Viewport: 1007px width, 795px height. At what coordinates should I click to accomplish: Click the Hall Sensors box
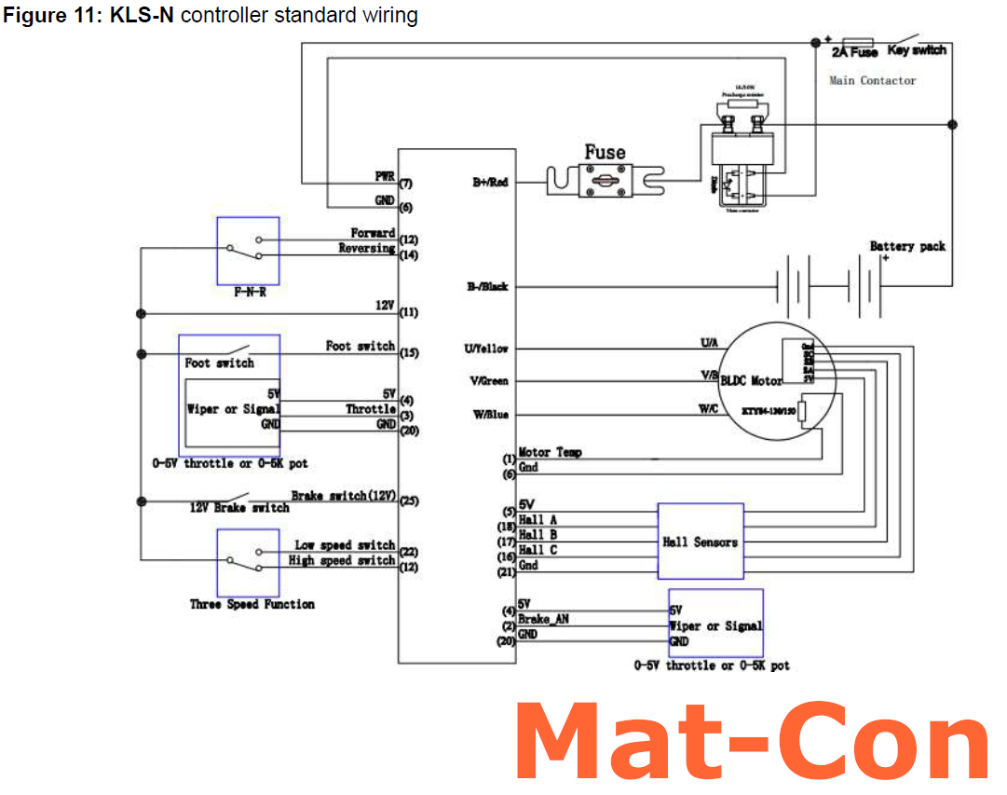point(701,541)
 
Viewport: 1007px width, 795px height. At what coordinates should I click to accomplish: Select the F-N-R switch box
point(247,251)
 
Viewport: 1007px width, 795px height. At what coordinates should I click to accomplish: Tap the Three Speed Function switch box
point(247,563)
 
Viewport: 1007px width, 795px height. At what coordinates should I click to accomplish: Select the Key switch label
point(917,50)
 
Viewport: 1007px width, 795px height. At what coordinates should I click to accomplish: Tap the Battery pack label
point(906,246)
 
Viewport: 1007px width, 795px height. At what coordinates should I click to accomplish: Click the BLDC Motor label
point(751,380)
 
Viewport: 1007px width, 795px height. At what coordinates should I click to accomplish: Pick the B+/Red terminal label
point(490,184)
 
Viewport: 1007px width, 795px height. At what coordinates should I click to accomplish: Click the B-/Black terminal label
point(488,286)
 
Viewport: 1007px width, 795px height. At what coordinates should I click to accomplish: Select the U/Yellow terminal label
point(486,349)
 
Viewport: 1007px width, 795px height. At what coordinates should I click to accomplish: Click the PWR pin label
point(383,175)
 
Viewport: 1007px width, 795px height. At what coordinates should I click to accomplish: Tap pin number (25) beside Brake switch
point(408,501)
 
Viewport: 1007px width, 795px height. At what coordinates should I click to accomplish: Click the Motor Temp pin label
point(550,452)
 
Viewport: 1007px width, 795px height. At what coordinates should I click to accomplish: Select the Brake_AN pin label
point(543,620)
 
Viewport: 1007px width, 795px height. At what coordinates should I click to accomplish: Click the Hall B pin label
point(538,535)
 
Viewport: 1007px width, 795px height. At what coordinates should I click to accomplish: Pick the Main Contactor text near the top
point(872,81)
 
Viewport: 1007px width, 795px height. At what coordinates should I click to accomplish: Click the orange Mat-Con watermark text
point(751,744)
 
